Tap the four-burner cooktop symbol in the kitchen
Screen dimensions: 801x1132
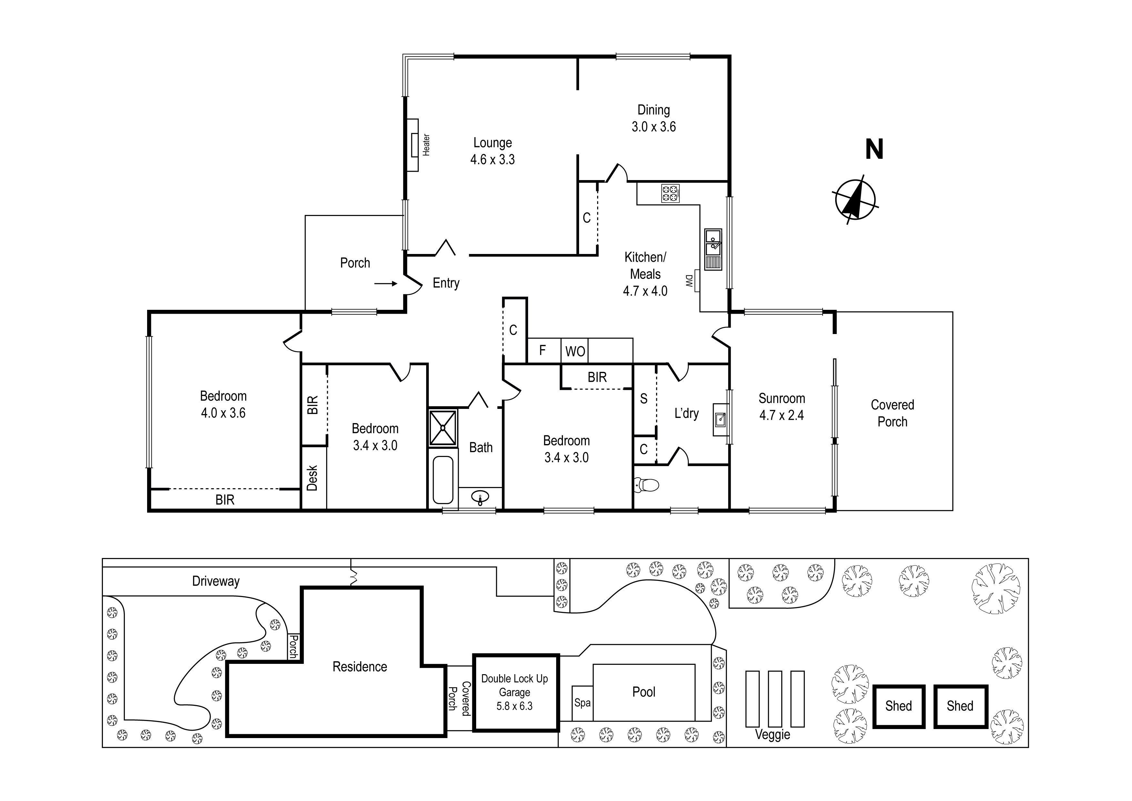coord(671,193)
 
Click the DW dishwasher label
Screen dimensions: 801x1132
coord(689,281)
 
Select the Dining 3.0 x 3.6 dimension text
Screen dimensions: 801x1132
coord(654,127)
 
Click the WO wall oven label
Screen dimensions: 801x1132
coord(575,351)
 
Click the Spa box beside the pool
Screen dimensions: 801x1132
coord(582,703)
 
